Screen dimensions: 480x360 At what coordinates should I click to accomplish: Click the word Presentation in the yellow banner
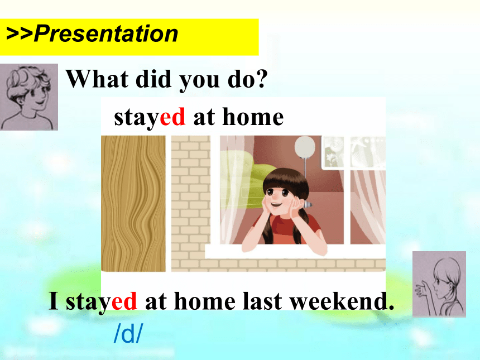pos(106,33)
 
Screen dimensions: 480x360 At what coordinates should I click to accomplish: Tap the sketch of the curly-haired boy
pos(29,97)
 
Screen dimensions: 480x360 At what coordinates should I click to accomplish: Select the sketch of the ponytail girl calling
pos(439,284)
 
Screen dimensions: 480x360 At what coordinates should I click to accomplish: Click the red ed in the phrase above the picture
pos(172,117)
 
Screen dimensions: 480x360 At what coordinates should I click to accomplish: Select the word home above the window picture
pos(253,117)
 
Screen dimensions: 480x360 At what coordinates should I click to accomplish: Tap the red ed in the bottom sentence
pos(124,301)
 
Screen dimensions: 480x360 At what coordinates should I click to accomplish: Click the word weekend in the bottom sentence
pos(342,301)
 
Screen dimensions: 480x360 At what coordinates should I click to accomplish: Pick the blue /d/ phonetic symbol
pos(128,333)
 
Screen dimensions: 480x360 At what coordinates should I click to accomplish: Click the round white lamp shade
pos(305,147)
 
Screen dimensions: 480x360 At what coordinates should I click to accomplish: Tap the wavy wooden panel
pos(133,204)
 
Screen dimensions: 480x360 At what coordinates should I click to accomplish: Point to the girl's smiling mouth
pos(276,204)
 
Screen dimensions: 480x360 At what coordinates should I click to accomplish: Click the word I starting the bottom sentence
pos(54,301)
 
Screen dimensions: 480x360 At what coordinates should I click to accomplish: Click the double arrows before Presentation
pos(20,34)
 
